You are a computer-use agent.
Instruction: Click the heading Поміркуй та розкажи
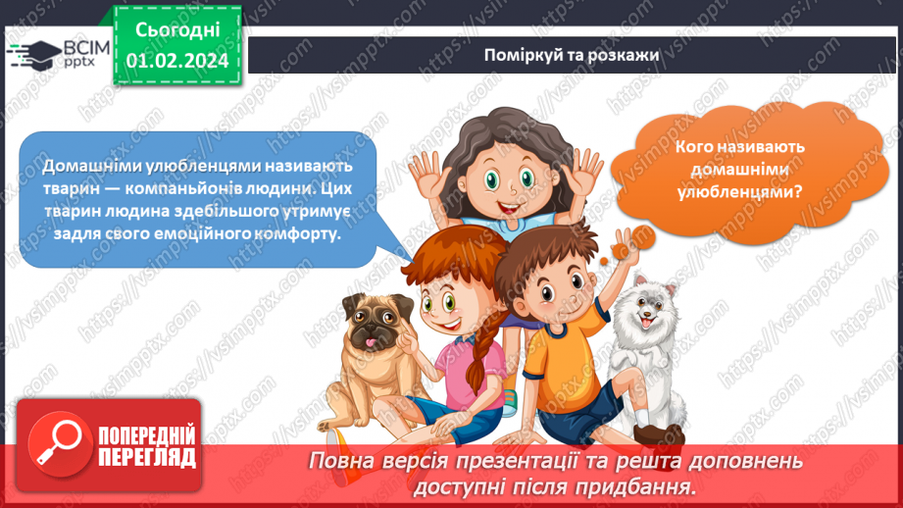click(x=571, y=53)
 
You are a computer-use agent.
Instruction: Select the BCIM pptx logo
click(x=52, y=54)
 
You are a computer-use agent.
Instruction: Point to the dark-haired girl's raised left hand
click(x=429, y=177)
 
